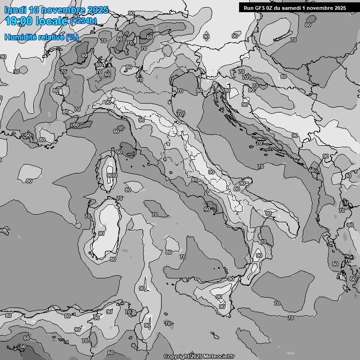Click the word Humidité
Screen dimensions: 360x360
19,37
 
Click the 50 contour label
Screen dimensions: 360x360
23,346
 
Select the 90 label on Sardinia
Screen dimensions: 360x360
101,233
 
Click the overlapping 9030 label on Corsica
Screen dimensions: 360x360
112,175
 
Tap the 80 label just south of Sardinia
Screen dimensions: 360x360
112,259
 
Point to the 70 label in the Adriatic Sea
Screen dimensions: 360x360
261,166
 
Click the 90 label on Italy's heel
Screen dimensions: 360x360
269,213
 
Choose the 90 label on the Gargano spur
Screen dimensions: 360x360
243,183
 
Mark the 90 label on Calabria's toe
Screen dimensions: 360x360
259,255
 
